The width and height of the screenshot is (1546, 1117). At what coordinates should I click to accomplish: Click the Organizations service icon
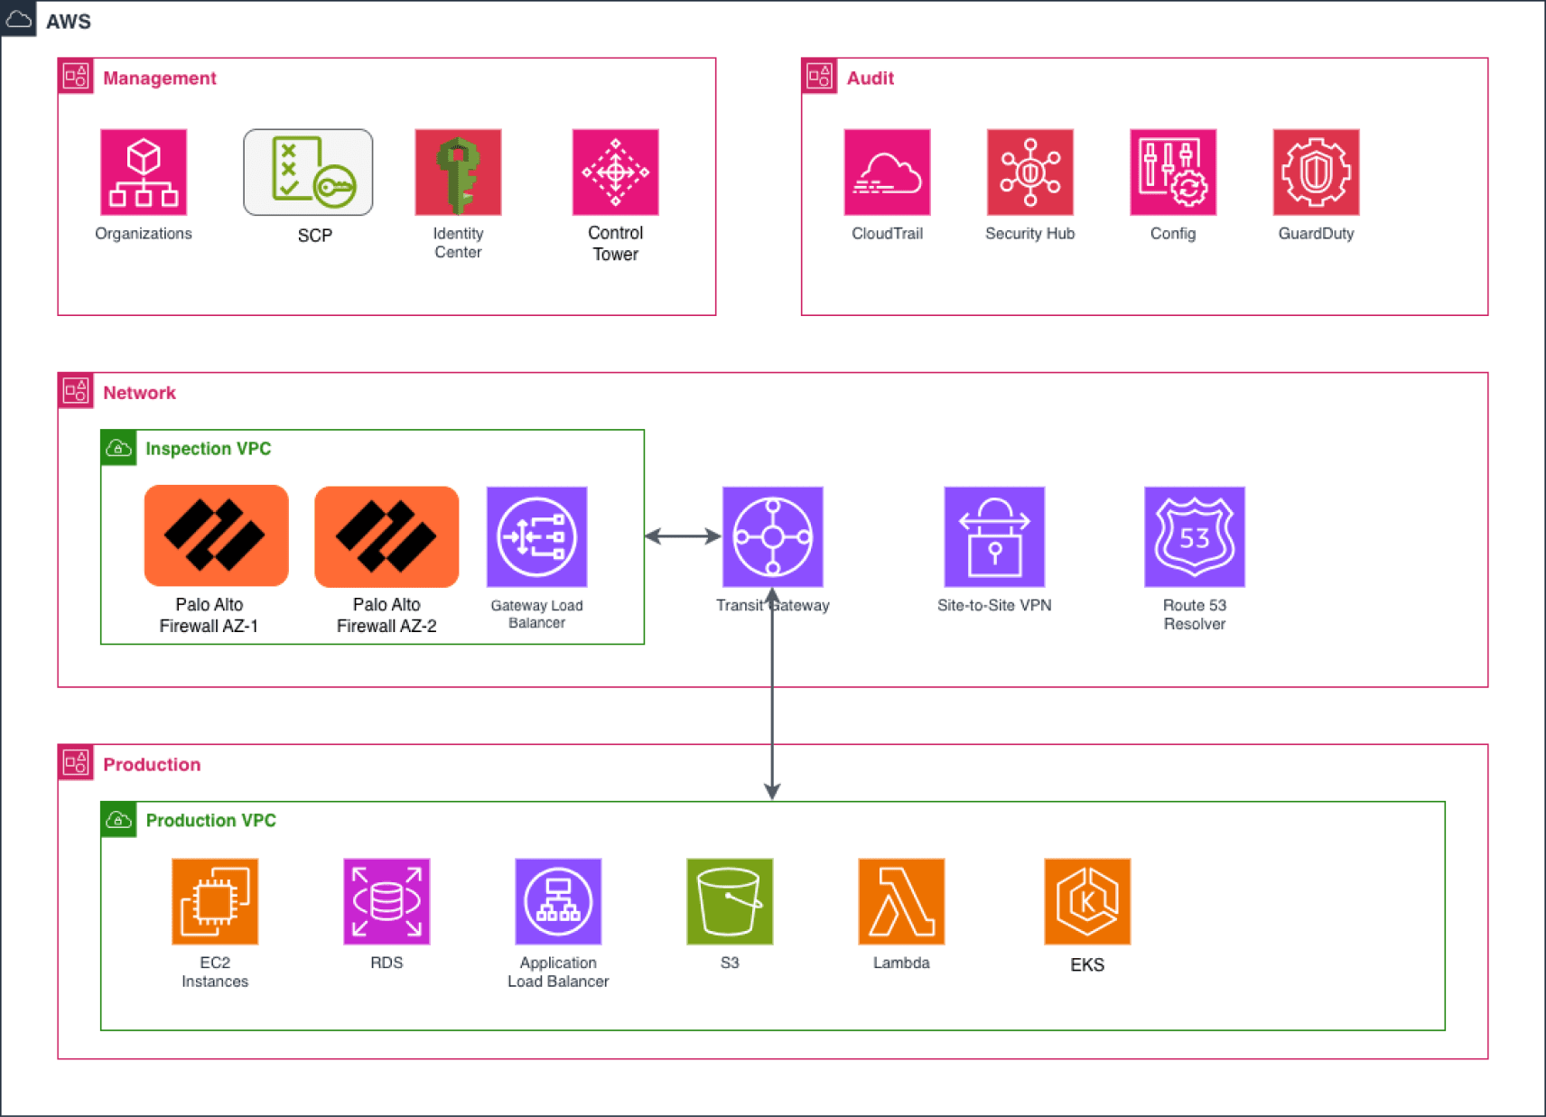pyautogui.click(x=144, y=172)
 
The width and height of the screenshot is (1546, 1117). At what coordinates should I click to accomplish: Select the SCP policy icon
pyautogui.click(x=308, y=172)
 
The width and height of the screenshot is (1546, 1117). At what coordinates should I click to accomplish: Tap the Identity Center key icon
pyautogui.click(x=458, y=172)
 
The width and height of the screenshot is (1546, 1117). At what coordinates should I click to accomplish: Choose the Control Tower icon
pyautogui.click(x=615, y=172)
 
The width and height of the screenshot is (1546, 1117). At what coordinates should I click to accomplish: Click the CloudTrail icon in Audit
pyautogui.click(x=887, y=172)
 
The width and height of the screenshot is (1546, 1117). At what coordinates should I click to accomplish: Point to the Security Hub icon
pyautogui.click(x=1029, y=172)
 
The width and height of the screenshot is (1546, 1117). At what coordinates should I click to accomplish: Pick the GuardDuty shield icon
pyautogui.click(x=1316, y=172)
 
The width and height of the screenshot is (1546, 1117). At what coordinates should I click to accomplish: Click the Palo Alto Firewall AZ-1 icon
pyautogui.click(x=216, y=535)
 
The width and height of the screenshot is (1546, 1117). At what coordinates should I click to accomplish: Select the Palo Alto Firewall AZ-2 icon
pyautogui.click(x=386, y=536)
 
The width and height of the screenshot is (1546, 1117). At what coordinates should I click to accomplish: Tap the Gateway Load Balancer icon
pyautogui.click(x=536, y=536)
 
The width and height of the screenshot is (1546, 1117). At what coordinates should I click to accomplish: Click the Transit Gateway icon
pyautogui.click(x=772, y=536)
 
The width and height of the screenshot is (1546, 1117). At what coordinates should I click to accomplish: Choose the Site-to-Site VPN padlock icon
pyautogui.click(x=994, y=536)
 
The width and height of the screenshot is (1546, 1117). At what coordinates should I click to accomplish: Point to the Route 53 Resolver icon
pyautogui.click(x=1194, y=536)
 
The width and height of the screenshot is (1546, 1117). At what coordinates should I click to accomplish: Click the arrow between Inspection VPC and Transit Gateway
pyautogui.click(x=683, y=536)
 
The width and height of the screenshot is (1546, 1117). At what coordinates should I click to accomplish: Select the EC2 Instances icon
pyautogui.click(x=215, y=901)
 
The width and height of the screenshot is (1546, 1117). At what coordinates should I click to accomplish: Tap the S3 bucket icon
pyautogui.click(x=730, y=901)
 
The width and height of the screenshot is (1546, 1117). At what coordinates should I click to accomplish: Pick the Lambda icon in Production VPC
pyautogui.click(x=901, y=901)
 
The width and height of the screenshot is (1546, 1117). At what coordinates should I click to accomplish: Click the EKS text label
pyautogui.click(x=1087, y=964)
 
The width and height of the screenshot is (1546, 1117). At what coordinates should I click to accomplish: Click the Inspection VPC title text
pyautogui.click(x=208, y=449)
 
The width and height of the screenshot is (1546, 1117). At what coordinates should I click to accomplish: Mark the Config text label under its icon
pyautogui.click(x=1172, y=234)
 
